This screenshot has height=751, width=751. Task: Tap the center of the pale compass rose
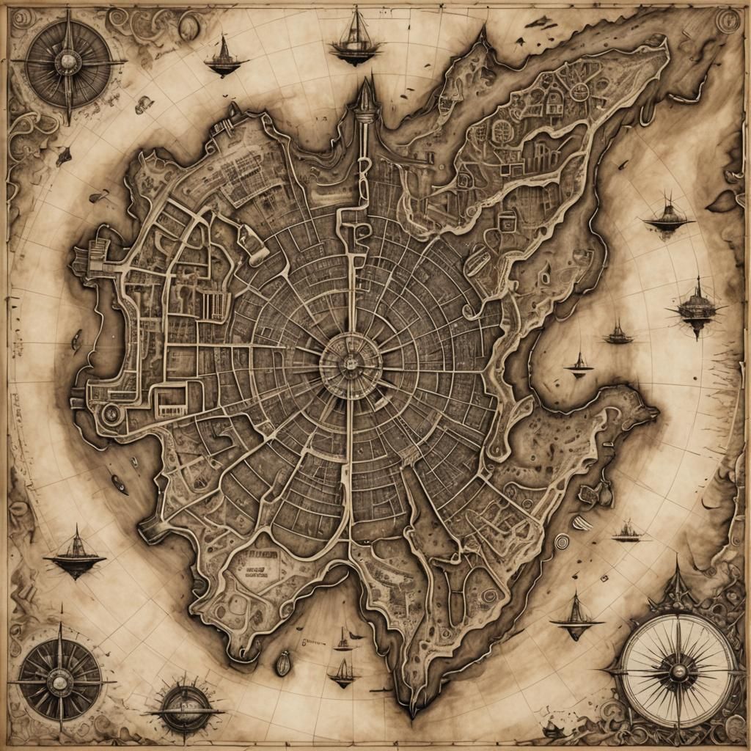pos(678,670)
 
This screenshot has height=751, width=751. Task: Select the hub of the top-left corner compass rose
pos(68,64)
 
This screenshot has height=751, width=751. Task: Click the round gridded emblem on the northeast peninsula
pos(502,131)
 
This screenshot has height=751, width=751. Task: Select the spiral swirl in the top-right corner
pos(728,20)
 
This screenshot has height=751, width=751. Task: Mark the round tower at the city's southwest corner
pos(111,414)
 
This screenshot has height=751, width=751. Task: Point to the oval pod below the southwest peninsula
pos(283,663)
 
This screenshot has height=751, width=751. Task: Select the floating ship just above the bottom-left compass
pos(74,555)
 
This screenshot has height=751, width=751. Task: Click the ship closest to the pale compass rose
pos(576,615)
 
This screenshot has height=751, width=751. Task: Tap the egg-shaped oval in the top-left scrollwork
pos(189,27)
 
